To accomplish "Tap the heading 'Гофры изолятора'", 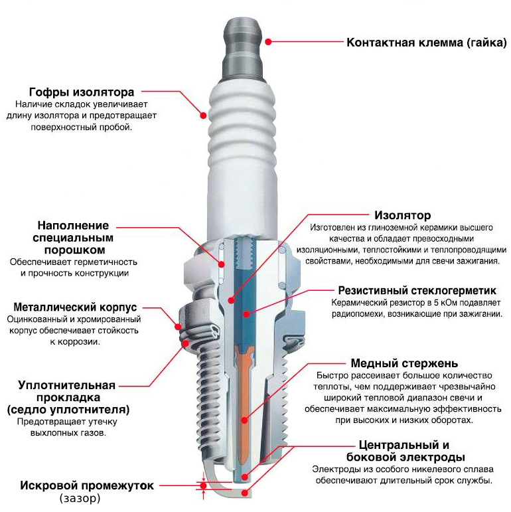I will pos(82,92).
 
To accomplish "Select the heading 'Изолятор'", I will pos(402,215).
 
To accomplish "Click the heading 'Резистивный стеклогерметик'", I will pos(417,290).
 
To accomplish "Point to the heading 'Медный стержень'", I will pos(403,363).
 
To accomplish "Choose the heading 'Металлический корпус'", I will pos(75,307).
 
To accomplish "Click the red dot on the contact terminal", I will pos(268,41).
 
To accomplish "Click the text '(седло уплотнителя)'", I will pos(68,409).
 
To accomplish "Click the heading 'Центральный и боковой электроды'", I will pos(405,451).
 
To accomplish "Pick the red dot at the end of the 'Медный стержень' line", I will pos(244,420).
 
